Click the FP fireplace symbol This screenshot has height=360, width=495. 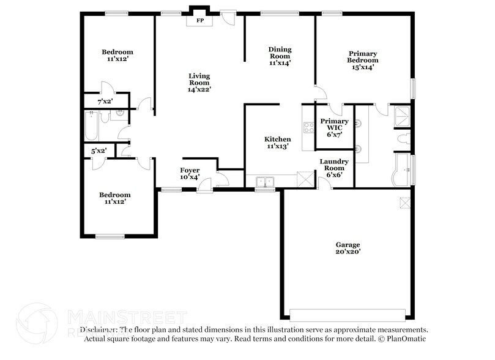199,21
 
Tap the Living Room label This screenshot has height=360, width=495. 199,82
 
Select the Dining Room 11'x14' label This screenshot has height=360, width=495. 280,56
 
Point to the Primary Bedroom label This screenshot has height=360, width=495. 362,61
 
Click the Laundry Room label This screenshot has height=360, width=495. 334,168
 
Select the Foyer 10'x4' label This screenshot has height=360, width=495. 190,173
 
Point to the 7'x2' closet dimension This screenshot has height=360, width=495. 105,101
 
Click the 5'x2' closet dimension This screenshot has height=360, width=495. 99,150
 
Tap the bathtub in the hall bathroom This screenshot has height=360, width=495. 91,125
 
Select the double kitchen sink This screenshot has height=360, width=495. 266,181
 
